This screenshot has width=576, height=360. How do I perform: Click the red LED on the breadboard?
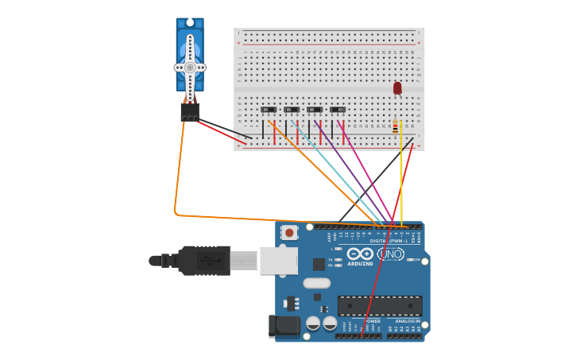tap(397, 87)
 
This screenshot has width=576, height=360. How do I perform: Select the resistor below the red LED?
tap(395, 127)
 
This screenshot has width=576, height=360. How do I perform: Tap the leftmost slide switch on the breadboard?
tap(269, 110)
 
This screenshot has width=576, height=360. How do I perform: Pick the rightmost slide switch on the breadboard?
tap(338, 110)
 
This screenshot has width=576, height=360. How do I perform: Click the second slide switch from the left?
tap(292, 110)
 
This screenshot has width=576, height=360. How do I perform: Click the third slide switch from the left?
tap(315, 110)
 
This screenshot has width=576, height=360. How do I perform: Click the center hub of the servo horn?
tap(190, 68)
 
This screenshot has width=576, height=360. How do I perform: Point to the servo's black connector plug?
tap(189, 112)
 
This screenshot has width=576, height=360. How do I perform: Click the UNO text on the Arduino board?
tap(391, 254)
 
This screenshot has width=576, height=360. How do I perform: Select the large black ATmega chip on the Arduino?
tap(380, 305)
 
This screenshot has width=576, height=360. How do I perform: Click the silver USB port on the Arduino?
tap(278, 261)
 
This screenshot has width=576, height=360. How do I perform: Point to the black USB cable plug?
tap(203, 260)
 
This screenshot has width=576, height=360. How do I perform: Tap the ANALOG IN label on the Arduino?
tap(408, 321)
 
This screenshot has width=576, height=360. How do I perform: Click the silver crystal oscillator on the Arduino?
tap(316, 283)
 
